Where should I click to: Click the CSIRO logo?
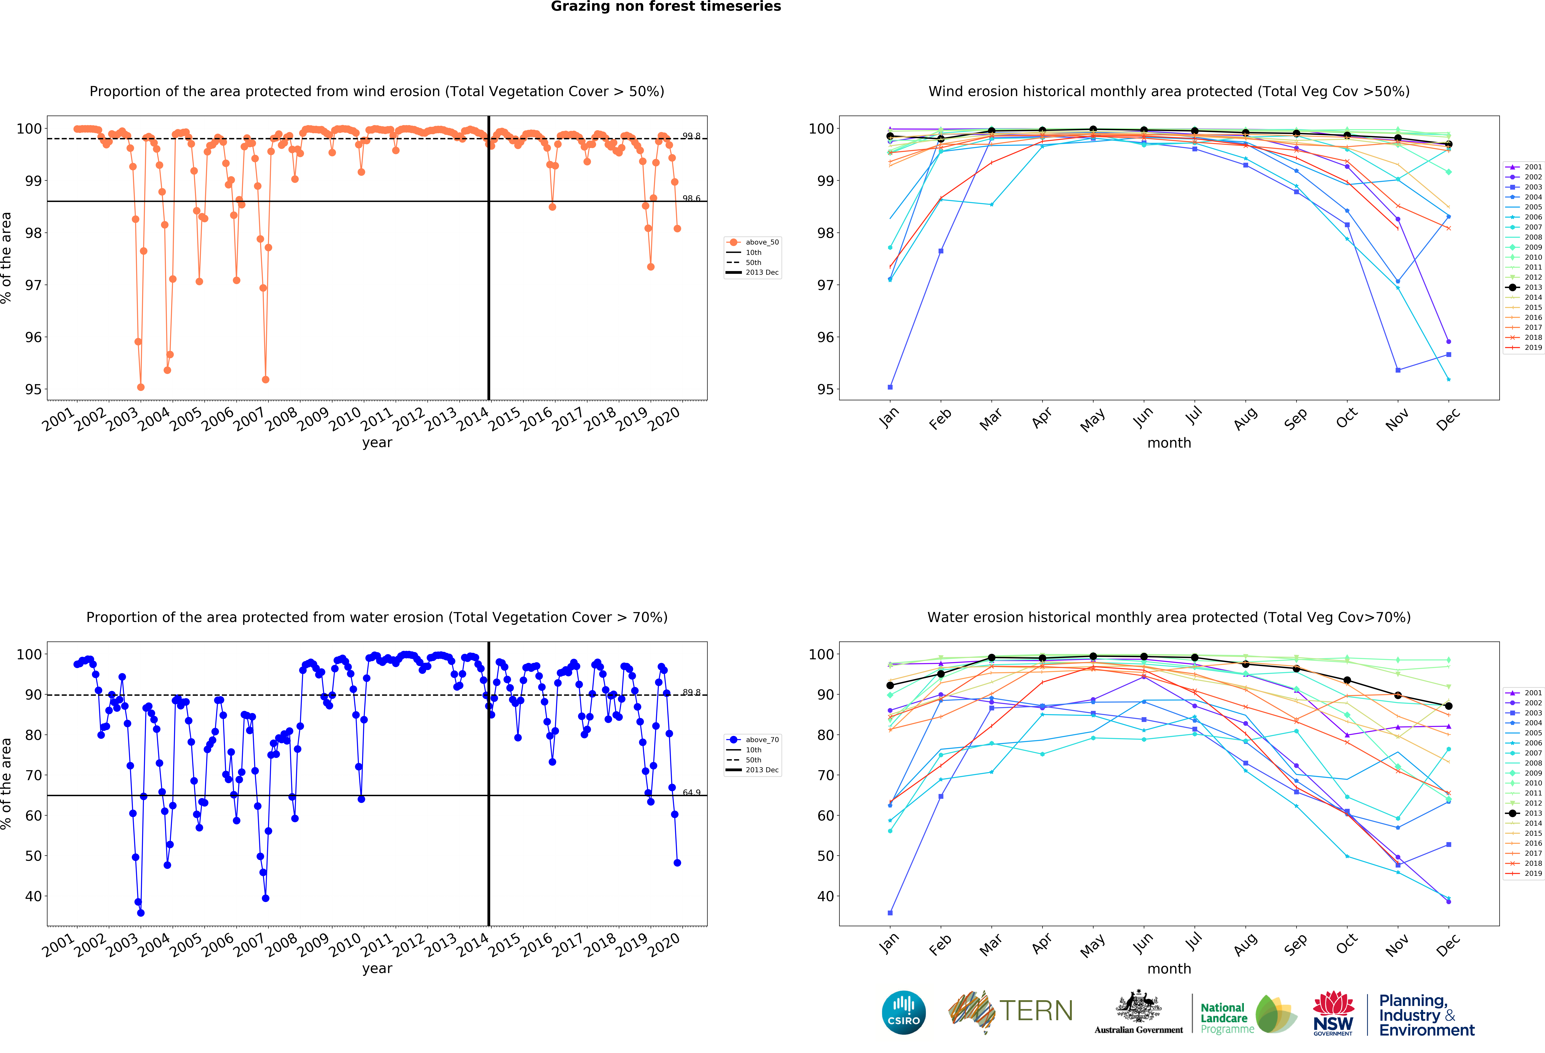[x=903, y=1012]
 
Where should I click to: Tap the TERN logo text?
[x=1036, y=1011]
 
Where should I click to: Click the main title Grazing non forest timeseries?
[x=665, y=7]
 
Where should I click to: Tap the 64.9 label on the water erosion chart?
[x=691, y=792]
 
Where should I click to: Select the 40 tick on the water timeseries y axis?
[x=33, y=896]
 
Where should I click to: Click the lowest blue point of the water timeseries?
[x=140, y=913]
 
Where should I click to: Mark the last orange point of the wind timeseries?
[x=677, y=229]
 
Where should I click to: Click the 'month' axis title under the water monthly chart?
[x=1169, y=969]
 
